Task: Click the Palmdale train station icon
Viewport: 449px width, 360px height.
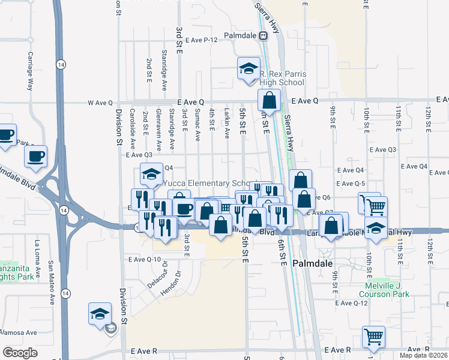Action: pos(263,35)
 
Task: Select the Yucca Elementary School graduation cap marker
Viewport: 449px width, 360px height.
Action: pos(151,175)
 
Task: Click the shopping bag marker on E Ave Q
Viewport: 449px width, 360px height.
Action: pos(270,101)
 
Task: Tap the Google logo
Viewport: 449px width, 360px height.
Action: pos(20,353)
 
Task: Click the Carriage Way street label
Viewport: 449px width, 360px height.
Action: pos(29,71)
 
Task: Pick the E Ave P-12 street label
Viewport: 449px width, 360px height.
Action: pos(200,40)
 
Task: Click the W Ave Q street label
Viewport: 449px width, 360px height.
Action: pos(100,103)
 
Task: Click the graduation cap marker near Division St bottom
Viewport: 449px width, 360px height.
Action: pos(100,314)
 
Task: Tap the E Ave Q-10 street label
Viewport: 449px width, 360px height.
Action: pos(145,260)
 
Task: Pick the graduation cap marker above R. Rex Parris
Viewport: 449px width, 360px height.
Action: pos(248,69)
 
